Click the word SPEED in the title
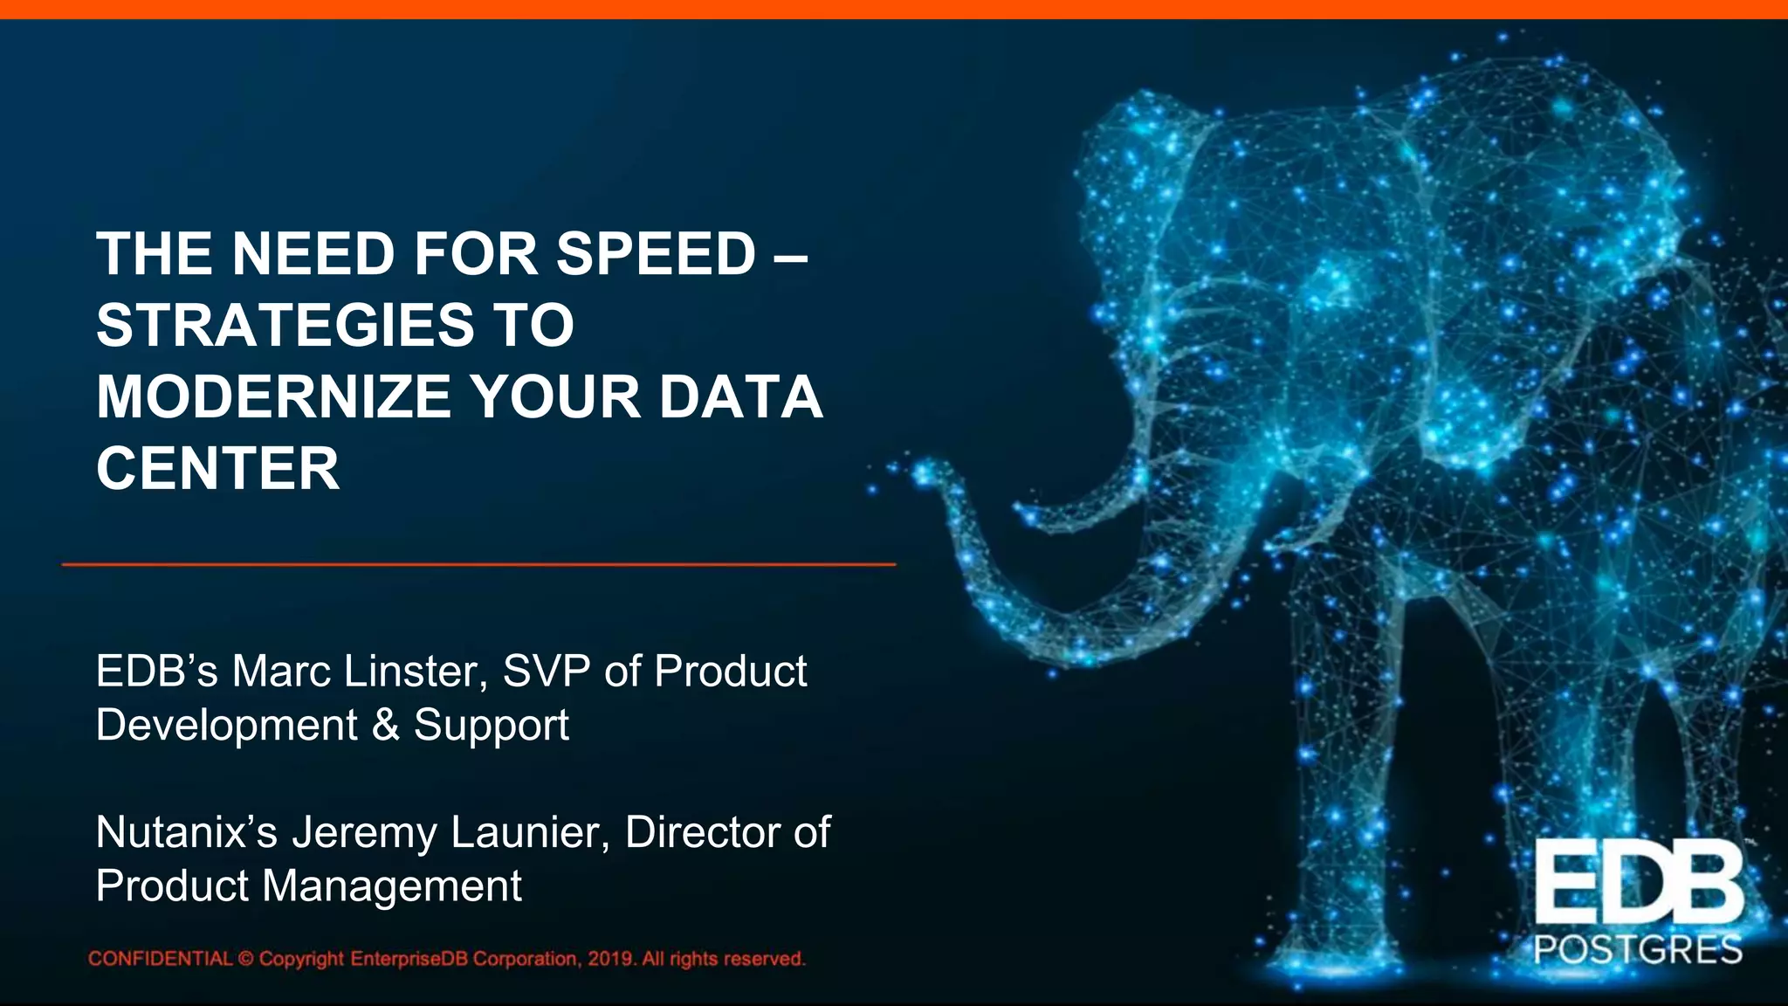[x=656, y=254]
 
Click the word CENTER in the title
[x=217, y=469]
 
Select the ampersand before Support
[x=385, y=725]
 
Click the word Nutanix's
[x=186, y=832]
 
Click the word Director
[x=701, y=832]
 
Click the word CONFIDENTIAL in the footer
[x=161, y=959]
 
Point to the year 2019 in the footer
[x=610, y=959]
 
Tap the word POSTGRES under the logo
[x=1638, y=950]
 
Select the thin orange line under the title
[x=478, y=565]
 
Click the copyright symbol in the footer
[x=245, y=959]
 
